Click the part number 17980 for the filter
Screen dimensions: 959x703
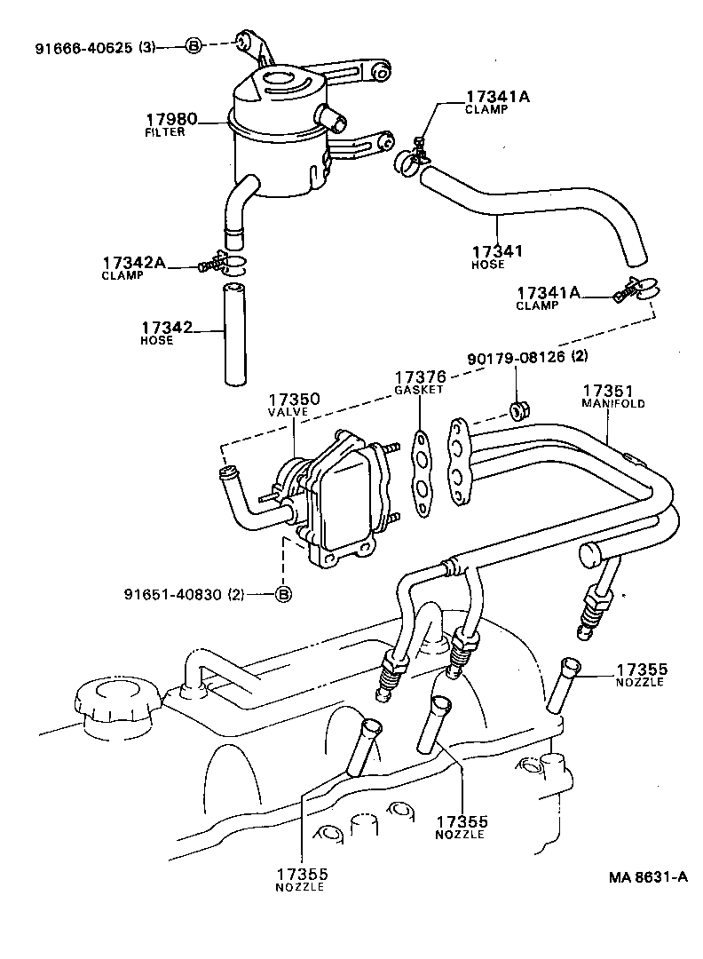click(x=171, y=119)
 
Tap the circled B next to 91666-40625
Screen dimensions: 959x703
click(x=194, y=47)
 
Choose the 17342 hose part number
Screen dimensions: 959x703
click(x=166, y=329)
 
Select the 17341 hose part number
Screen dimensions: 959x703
click(x=497, y=251)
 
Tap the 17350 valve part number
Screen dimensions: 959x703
click(x=294, y=400)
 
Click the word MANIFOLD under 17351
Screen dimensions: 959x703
click(x=612, y=403)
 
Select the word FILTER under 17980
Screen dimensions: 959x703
click(x=164, y=132)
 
